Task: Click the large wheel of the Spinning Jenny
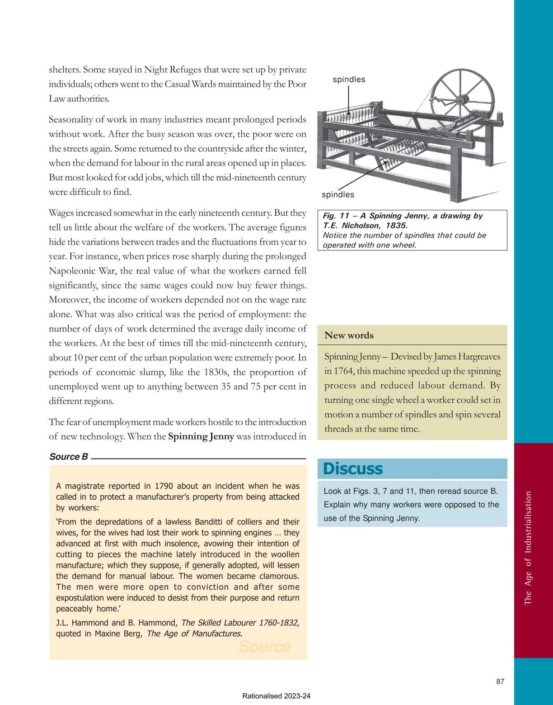(462, 99)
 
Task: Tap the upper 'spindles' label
(349, 80)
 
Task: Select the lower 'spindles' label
(338, 195)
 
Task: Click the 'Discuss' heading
(353, 469)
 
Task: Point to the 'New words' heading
(349, 335)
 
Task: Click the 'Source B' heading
(69, 457)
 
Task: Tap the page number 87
(500, 681)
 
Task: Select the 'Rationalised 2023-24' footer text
(276, 696)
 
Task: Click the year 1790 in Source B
(164, 486)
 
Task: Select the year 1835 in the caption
(396, 225)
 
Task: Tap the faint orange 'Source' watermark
(265, 647)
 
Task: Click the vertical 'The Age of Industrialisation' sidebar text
(528, 548)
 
